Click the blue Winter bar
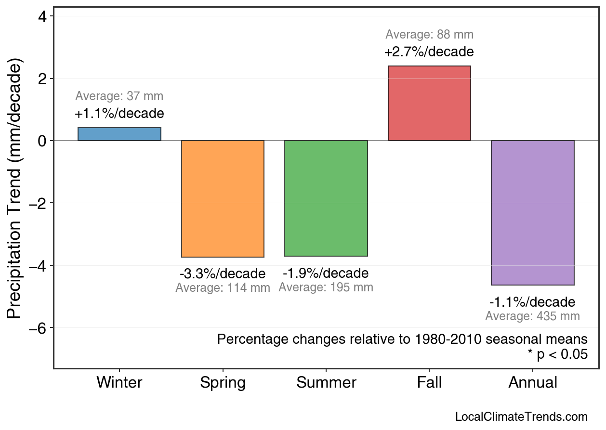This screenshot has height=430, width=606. coord(119,134)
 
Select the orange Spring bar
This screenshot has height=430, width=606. coord(223,198)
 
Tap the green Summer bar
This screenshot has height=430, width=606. coord(326,198)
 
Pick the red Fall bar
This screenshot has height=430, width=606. coord(429,103)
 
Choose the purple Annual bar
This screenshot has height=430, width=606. coord(532,212)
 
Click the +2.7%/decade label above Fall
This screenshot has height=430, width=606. coord(429,52)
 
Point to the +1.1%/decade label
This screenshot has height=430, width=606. coord(119,114)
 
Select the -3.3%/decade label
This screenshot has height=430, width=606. coord(223,274)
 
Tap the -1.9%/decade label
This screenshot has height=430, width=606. coord(326,274)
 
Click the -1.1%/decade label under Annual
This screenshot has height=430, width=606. coord(532,302)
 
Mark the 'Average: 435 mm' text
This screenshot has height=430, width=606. coord(532,316)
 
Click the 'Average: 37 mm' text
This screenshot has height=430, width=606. coord(119,96)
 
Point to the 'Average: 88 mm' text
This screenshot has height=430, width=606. coord(429,35)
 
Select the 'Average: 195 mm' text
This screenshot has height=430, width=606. coord(326,287)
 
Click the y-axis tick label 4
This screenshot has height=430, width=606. coord(42,16)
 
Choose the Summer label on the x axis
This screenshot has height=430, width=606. coord(326,383)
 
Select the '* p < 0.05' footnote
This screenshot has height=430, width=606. coord(557,354)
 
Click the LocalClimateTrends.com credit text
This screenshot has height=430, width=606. coord(521,417)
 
